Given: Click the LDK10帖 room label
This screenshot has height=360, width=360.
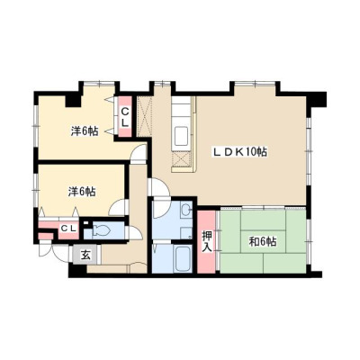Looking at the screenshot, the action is click(239, 152).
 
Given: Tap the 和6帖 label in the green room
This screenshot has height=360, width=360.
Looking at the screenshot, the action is click(263, 241).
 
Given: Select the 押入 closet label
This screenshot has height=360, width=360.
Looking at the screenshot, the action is click(207, 241).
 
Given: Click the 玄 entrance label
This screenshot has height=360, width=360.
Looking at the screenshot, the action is click(85, 256).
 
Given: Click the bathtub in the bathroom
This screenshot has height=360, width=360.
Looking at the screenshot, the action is click(184, 258).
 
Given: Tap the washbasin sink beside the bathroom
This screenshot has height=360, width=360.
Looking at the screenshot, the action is click(186, 209).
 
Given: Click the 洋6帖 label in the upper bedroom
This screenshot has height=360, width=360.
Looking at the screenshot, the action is click(85, 131).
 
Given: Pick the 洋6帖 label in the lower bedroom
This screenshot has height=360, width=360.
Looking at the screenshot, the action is click(82, 192).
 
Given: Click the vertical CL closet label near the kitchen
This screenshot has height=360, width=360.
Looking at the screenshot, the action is click(125, 117).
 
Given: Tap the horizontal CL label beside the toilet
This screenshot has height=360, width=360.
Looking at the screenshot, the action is click(68, 229).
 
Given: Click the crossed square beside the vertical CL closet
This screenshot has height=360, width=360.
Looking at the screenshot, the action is click(144, 116).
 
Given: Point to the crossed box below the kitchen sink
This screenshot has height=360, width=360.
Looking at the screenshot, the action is click(181, 159).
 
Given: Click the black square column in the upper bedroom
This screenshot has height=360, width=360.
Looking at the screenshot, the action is click(74, 100).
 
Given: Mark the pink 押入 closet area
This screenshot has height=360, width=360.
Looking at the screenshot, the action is click(207, 241).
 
